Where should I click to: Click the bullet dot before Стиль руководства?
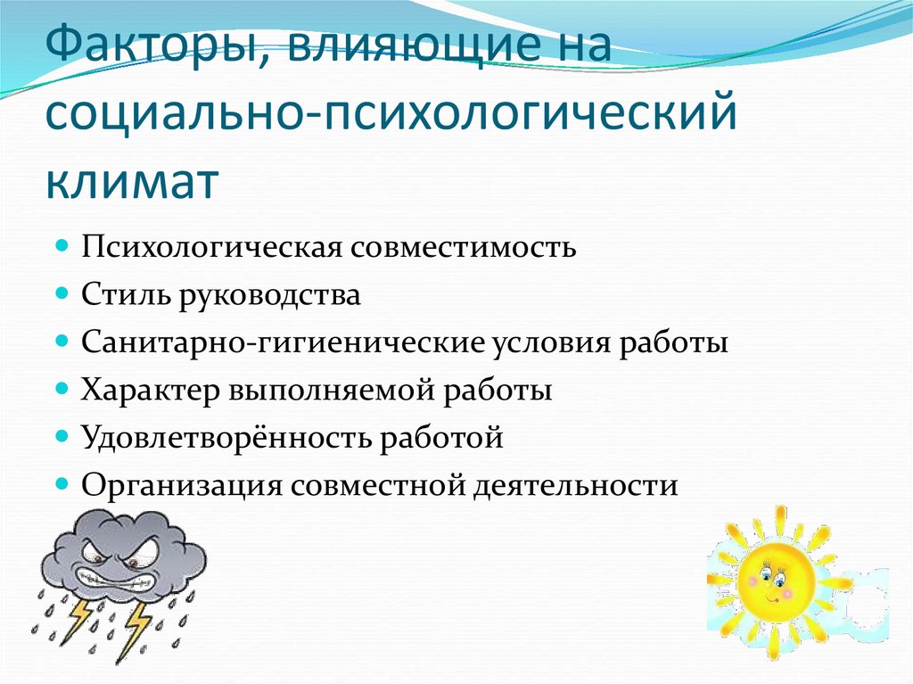click(63, 292)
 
